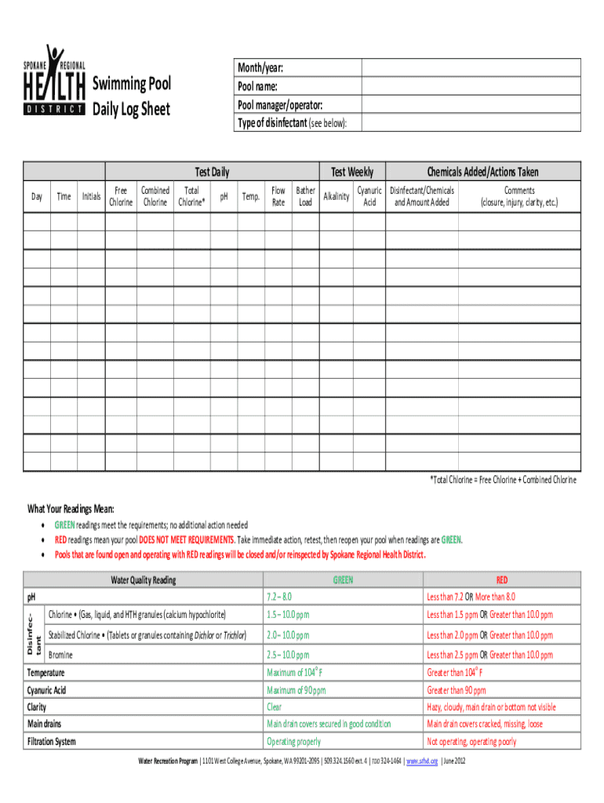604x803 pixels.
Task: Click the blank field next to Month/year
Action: coord(471,68)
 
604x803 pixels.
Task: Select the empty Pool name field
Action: coord(471,86)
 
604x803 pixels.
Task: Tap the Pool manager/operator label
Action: coord(279,105)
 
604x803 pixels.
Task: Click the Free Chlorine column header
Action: coord(120,196)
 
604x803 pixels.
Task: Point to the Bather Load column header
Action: coord(305,196)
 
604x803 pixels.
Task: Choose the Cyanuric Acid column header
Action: coord(369,196)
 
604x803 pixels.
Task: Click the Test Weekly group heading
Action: coord(352,172)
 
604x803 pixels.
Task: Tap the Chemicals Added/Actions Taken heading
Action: coord(482,172)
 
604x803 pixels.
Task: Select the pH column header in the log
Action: coord(224,196)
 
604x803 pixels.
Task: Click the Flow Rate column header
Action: coord(278,196)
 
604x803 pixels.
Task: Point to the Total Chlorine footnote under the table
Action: coord(502,479)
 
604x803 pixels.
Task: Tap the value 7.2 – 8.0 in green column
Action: coord(279,598)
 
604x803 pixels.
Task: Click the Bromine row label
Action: coord(61,654)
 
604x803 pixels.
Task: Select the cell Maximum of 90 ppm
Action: coord(296,691)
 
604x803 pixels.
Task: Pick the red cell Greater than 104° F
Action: coord(454,673)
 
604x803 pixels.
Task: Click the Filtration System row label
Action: coord(52,742)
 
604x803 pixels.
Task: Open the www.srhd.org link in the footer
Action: coord(423,761)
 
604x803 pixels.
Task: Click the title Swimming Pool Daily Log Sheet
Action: coord(132,96)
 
